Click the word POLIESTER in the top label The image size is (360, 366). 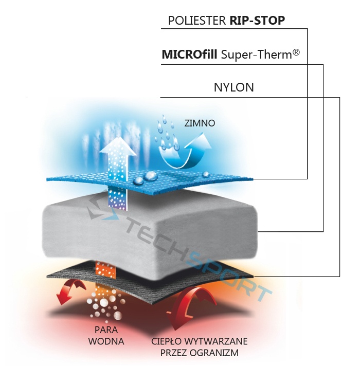(x=197, y=21)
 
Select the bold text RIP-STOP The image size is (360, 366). (x=257, y=21)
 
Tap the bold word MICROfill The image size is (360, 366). (x=189, y=54)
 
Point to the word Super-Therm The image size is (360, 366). (x=256, y=54)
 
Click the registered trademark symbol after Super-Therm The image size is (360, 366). (x=296, y=52)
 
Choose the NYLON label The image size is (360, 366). (x=233, y=87)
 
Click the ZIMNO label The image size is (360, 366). (x=200, y=123)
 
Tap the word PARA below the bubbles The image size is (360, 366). (x=106, y=330)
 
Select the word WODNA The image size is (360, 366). (x=106, y=341)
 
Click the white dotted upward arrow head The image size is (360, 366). (x=117, y=147)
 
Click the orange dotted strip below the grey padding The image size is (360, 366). (x=106, y=269)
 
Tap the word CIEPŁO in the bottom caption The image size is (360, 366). (x=166, y=341)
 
